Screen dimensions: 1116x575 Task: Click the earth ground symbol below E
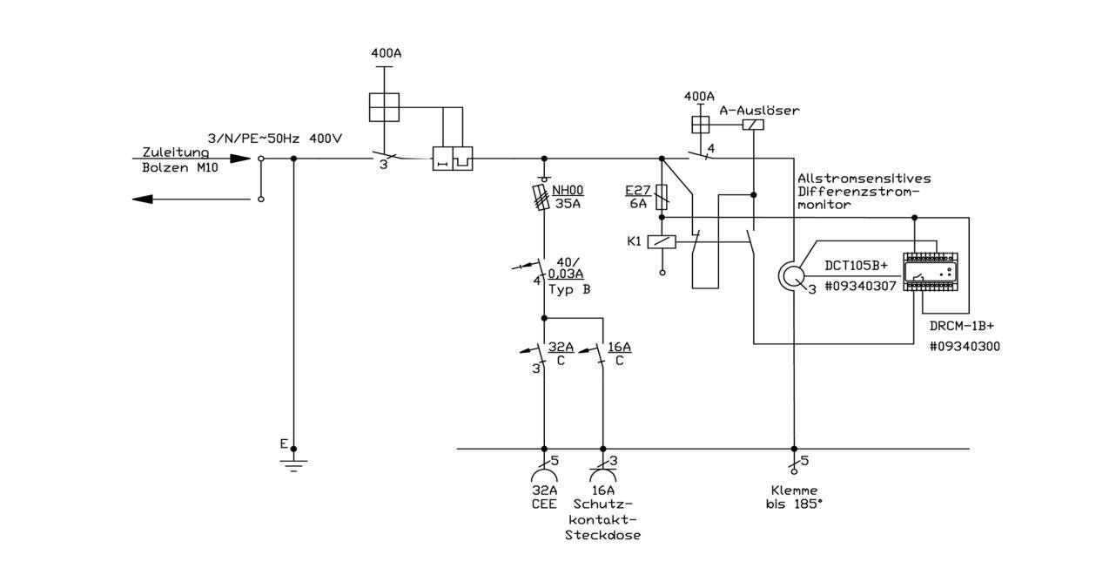pyautogui.click(x=293, y=465)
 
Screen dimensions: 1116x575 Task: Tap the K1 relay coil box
pyautogui.click(x=662, y=242)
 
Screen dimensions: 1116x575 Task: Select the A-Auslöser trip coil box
pyautogui.click(x=753, y=125)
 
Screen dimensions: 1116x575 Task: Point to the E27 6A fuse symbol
pyautogui.click(x=662, y=197)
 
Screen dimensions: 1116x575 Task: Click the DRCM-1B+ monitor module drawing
pyautogui.click(x=931, y=272)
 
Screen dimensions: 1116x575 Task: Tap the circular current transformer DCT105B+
pyautogui.click(x=791, y=276)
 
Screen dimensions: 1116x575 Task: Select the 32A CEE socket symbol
pyautogui.click(x=544, y=476)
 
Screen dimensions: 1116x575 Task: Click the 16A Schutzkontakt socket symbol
pyautogui.click(x=603, y=476)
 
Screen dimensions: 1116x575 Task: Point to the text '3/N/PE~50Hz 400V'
pyautogui.click(x=274, y=139)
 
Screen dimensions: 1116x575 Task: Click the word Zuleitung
pyautogui.click(x=175, y=152)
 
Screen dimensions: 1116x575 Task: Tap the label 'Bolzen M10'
pyautogui.click(x=180, y=167)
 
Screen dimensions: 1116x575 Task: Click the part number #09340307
pyautogui.click(x=860, y=287)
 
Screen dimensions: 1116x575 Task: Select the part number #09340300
pyautogui.click(x=965, y=347)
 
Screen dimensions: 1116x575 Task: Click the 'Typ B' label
pyautogui.click(x=569, y=290)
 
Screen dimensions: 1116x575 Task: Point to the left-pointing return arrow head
pyautogui.click(x=142, y=200)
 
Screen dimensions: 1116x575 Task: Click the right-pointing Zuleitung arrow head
pyautogui.click(x=240, y=159)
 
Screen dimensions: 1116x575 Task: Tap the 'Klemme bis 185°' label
pyautogui.click(x=794, y=497)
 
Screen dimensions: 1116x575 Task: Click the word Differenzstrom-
pyautogui.click(x=858, y=192)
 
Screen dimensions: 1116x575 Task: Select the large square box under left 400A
pyautogui.click(x=384, y=107)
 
